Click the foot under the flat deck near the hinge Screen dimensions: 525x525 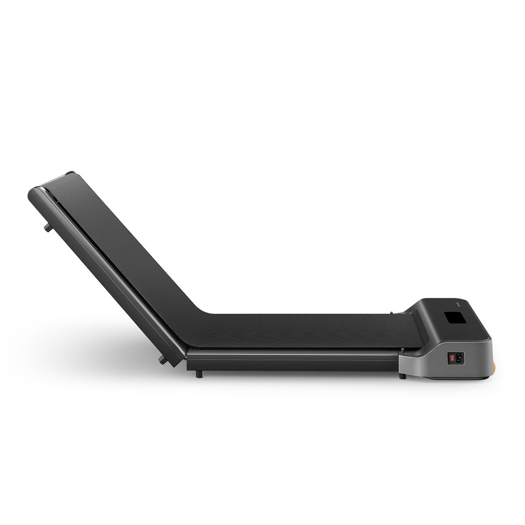(200, 374)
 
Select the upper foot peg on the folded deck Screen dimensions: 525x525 (45, 227)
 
